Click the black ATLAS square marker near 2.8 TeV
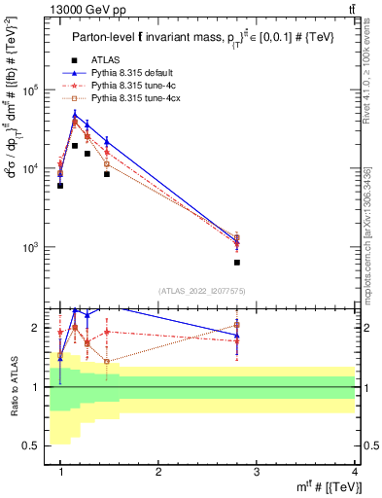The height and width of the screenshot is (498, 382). (237, 262)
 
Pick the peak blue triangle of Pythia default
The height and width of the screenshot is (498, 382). (75, 115)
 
